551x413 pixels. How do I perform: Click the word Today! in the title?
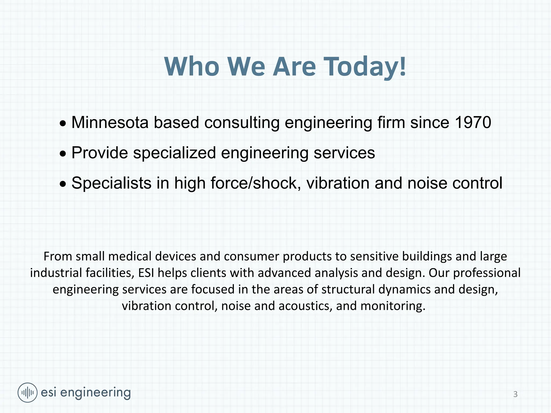(365, 67)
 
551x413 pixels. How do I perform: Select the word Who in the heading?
(192, 67)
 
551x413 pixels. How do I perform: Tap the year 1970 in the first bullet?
(473, 123)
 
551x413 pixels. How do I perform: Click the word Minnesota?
(110, 123)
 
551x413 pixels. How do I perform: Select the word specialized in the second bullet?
(174, 153)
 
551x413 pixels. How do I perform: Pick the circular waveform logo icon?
(27, 393)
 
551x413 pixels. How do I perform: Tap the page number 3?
(515, 394)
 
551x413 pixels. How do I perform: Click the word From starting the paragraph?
(58, 256)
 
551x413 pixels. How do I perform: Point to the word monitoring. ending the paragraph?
(393, 306)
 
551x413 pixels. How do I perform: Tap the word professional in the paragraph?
(487, 273)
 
